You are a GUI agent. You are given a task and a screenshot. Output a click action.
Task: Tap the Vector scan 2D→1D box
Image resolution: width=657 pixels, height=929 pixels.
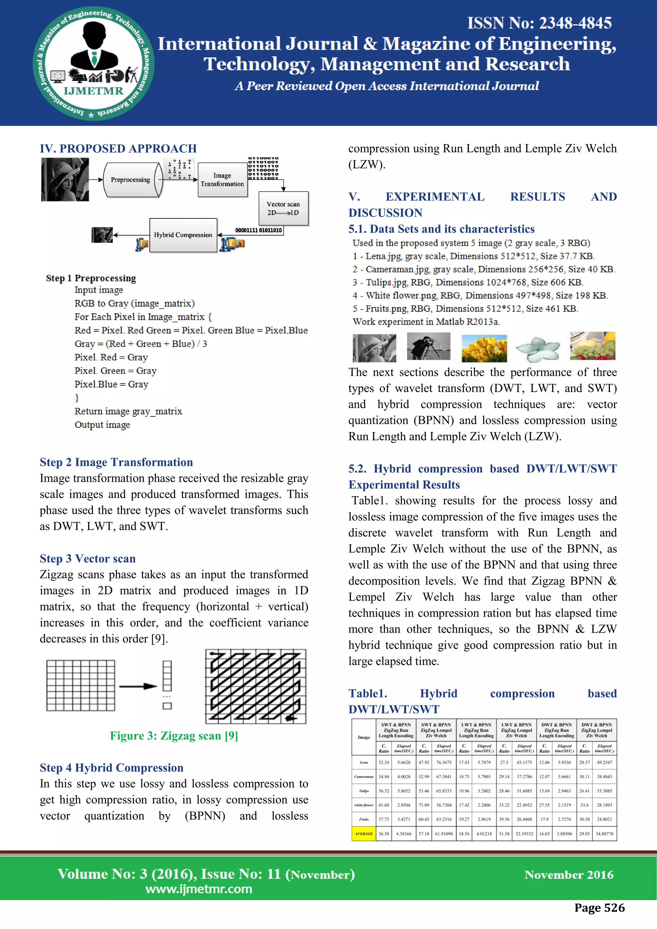pos(283,209)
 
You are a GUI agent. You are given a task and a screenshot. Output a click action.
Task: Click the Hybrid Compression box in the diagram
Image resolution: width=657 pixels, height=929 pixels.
pos(183,235)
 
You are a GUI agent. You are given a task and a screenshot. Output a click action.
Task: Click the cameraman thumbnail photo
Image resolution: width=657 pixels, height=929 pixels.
pos(428,346)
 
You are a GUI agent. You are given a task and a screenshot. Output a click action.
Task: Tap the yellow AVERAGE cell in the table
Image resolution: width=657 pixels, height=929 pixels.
pos(364,833)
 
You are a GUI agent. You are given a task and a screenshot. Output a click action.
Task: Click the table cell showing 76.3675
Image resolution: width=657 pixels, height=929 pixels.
pos(444,762)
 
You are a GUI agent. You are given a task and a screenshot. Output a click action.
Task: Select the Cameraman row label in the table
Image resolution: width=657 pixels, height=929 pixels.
pos(364,776)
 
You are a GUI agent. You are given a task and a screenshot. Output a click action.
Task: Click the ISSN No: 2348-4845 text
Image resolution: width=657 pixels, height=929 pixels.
pos(539,23)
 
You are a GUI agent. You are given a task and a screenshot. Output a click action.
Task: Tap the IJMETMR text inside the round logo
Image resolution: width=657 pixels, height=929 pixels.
pos(93,91)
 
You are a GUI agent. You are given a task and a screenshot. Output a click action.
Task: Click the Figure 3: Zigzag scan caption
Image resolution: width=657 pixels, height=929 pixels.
pos(174,736)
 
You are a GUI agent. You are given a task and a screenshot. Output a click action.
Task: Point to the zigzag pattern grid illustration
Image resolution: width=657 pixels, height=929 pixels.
pos(256,686)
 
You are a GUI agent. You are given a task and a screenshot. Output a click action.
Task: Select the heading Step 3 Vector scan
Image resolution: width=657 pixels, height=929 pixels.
pos(87,558)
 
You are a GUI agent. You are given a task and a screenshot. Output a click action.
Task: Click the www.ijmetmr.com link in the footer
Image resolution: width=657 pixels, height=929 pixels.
pos(199,889)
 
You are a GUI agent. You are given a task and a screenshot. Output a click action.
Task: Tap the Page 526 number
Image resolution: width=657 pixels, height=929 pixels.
pos(599,908)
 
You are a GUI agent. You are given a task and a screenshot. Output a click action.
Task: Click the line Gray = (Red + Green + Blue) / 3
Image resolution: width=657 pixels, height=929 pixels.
pos(141,344)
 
